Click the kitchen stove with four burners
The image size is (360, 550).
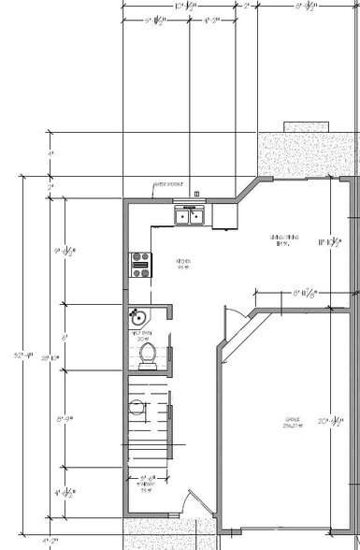pyautogui.click(x=141, y=266)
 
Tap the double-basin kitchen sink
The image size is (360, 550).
pyautogui.click(x=191, y=217)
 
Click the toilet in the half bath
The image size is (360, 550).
pyautogui.click(x=146, y=354)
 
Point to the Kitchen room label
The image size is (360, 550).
pyautogui.click(x=184, y=264)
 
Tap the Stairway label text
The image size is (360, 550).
pyautogui.click(x=144, y=486)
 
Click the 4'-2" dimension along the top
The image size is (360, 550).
pyautogui.click(x=211, y=19)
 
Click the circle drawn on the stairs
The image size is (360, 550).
pyautogui.click(x=137, y=408)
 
